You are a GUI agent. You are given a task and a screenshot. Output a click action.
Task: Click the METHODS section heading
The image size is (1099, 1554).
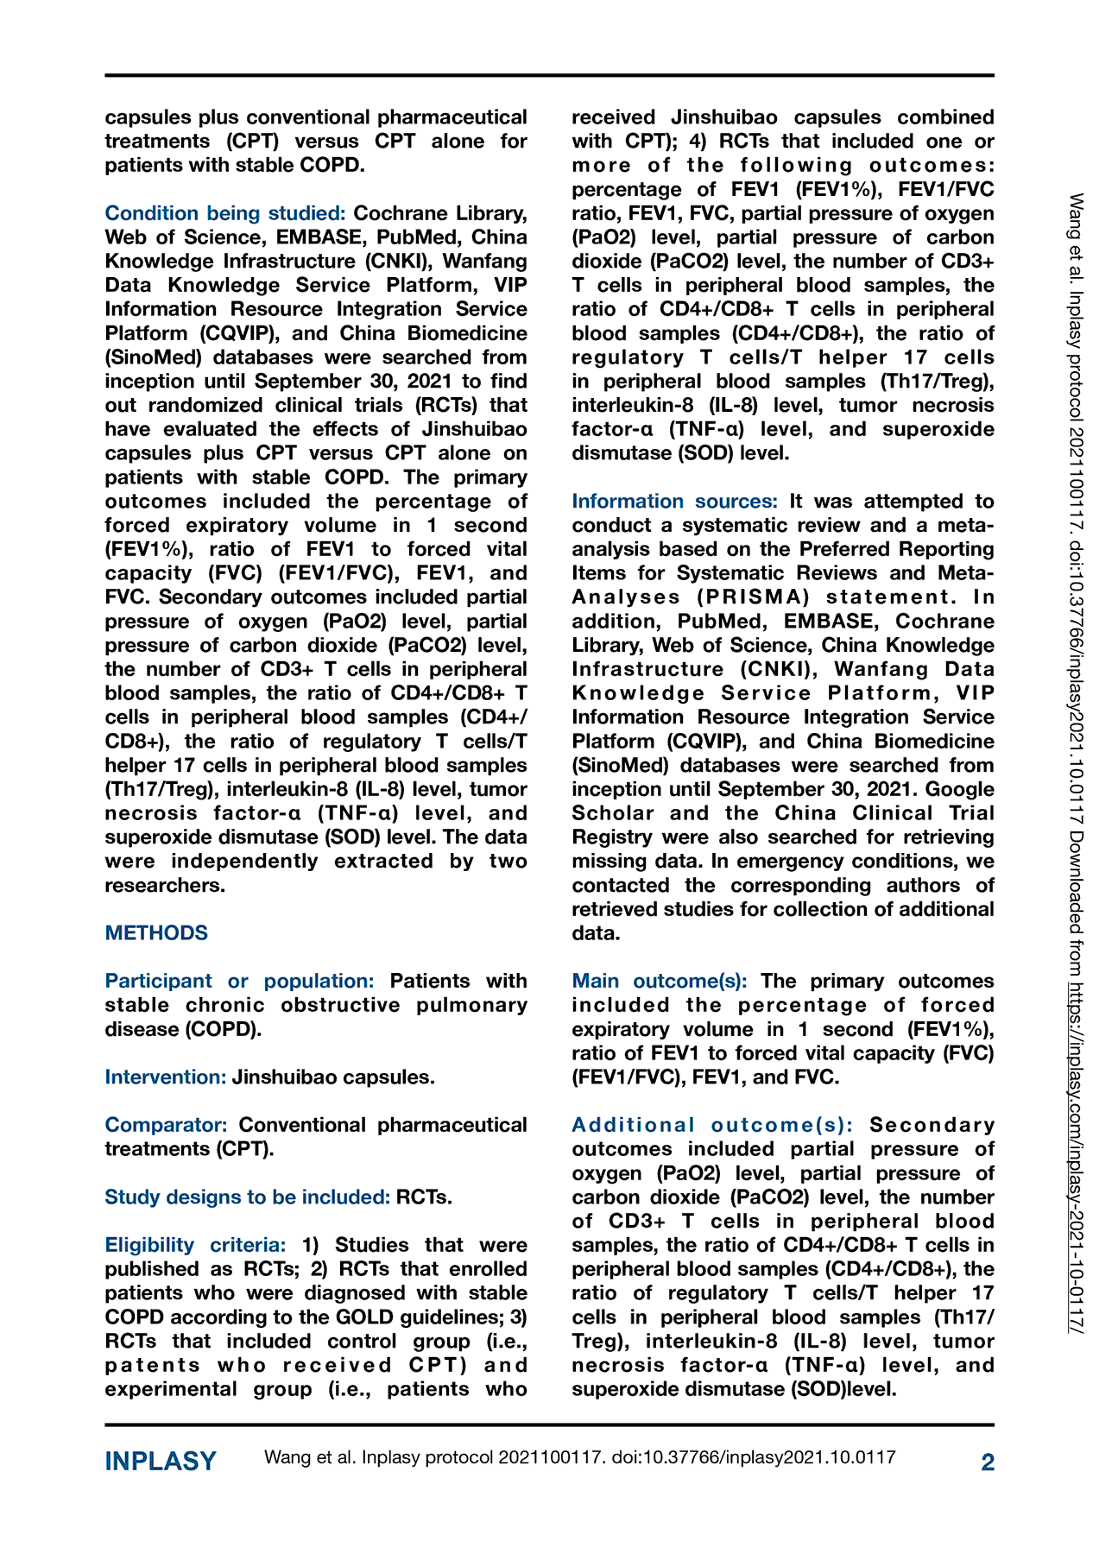156,933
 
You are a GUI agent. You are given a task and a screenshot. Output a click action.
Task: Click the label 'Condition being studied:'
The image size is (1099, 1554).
225,213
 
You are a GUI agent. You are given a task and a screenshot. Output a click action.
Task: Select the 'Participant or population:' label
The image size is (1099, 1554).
239,982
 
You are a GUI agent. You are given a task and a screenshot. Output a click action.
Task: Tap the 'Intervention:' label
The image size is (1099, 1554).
166,1077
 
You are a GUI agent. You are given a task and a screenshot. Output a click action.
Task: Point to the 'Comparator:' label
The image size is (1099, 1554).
166,1126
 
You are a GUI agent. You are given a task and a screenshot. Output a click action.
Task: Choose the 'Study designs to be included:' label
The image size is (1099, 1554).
247,1197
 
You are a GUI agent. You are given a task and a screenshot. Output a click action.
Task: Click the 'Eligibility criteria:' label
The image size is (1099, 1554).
195,1246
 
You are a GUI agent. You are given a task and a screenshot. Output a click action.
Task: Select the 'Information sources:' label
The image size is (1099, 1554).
674,502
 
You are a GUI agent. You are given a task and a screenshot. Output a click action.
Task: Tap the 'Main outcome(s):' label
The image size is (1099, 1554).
660,982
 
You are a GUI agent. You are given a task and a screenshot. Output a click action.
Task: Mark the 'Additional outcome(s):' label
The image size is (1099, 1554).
712,1126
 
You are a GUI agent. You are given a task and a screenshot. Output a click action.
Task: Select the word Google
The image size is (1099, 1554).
960,790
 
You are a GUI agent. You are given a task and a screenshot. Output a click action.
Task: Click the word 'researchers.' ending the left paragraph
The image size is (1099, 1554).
165,886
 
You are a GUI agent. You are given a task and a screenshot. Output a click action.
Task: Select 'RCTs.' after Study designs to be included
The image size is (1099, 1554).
424,1197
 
